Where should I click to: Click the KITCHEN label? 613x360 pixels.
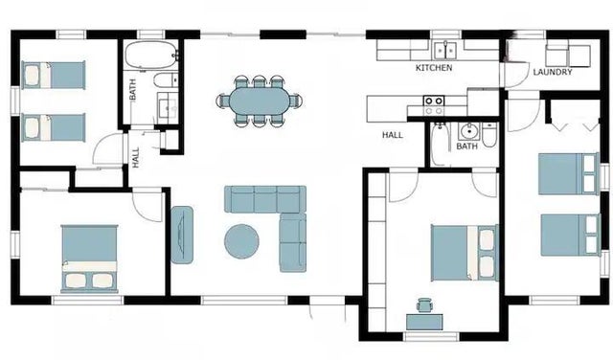point(434,69)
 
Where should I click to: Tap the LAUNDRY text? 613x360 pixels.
point(553,72)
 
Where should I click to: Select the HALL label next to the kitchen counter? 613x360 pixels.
point(393,135)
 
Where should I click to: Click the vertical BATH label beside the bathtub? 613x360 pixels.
point(132,88)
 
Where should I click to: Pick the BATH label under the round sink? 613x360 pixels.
point(466,146)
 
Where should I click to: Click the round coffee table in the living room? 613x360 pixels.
point(241,240)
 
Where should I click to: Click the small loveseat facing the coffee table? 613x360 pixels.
point(181,234)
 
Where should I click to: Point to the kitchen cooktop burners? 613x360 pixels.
point(434,101)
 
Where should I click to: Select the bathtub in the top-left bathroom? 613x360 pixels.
point(150,53)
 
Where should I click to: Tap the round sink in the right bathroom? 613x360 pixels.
point(468,131)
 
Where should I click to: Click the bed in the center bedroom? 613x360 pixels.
point(464,252)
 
